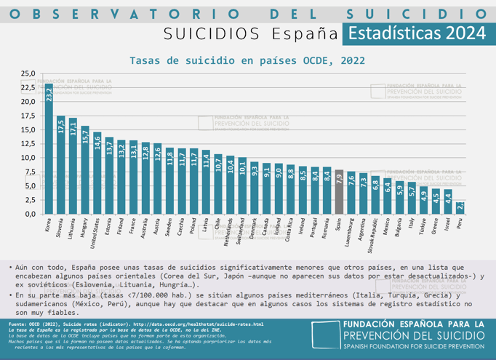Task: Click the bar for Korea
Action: tap(49, 149)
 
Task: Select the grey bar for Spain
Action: tap(338, 192)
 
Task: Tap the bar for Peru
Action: tap(459, 208)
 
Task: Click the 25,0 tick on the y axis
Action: tap(28, 73)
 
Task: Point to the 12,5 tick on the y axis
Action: tap(28, 144)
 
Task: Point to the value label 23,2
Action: tap(49, 95)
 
